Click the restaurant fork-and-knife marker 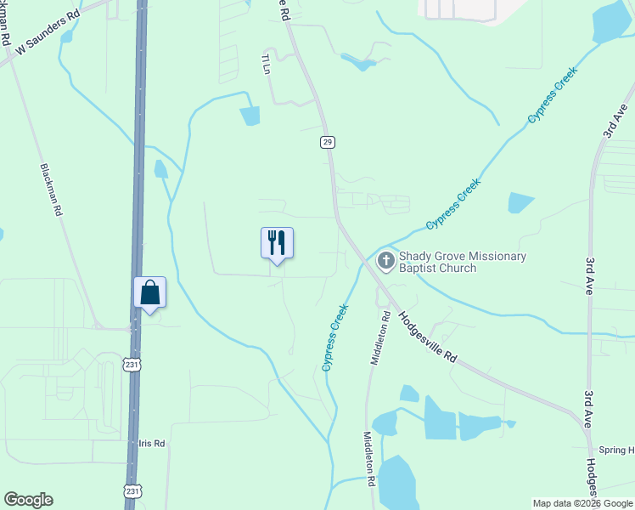(x=277, y=242)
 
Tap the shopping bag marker (x=149, y=292)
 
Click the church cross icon (x=385, y=261)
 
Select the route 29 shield (x=327, y=142)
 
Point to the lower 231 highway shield (x=132, y=490)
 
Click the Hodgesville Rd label (x=428, y=337)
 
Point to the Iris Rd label (x=152, y=444)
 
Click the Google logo (x=28, y=500)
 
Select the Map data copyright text (x=582, y=503)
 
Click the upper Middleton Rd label (x=379, y=338)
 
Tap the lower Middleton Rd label (x=371, y=458)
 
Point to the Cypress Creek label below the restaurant (x=336, y=337)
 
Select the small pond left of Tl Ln (x=249, y=116)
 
